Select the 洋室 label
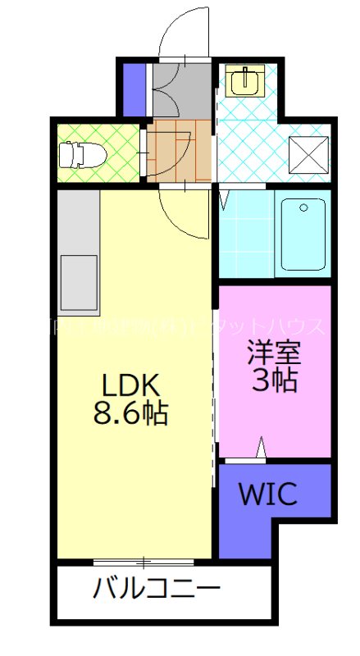click(275, 352)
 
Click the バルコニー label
click(156, 589)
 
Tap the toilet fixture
click(81, 153)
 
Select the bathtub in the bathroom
click(303, 234)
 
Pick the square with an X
click(309, 154)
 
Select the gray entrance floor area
click(181, 89)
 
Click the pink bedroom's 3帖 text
click(276, 380)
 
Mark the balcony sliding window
click(144, 562)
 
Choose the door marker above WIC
click(262, 450)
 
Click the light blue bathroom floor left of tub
click(246, 234)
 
